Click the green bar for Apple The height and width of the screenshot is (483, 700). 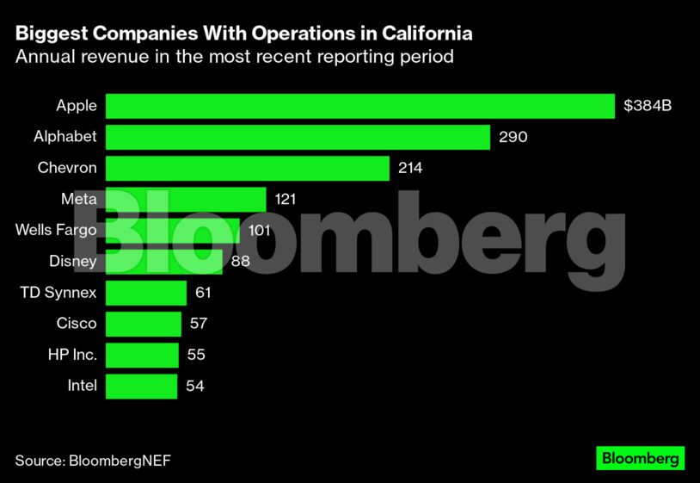tap(360, 106)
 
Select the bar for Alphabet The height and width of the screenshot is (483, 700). tap(298, 137)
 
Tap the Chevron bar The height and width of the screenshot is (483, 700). tap(248, 168)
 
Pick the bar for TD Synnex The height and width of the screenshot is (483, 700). tap(146, 293)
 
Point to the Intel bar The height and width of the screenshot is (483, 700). tap(141, 386)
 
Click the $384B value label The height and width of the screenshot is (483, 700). tap(648, 106)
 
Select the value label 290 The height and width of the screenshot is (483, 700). tap(513, 137)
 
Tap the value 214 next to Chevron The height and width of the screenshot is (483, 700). tap(411, 168)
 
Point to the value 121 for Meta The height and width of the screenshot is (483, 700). tap(286, 199)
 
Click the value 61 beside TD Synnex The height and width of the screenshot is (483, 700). tap(203, 293)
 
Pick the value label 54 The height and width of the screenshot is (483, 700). tap(195, 386)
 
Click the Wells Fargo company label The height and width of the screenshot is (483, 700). tap(56, 230)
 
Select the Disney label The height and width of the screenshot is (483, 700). tap(74, 261)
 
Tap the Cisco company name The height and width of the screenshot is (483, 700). tap(77, 324)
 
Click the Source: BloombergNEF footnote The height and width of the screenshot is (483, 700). tap(93, 460)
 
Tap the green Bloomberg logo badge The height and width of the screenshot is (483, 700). tap(640, 458)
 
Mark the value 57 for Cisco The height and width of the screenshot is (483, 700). tap(199, 324)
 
